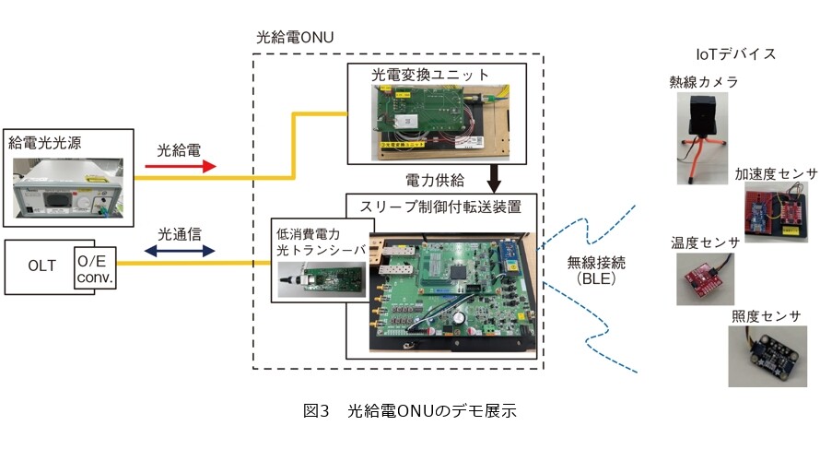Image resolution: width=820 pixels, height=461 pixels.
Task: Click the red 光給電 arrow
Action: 181,166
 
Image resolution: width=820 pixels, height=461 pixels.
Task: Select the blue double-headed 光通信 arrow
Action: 180,251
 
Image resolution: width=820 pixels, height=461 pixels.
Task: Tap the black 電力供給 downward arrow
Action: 494,179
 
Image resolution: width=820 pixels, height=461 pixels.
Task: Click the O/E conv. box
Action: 95,268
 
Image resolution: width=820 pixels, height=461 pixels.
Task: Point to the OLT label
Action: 41,266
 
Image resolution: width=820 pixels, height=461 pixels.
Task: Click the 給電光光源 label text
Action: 45,143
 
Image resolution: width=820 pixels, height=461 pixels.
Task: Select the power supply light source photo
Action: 68,188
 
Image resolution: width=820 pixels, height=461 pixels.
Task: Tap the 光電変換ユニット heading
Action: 430,75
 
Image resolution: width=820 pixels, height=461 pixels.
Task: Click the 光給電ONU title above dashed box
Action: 295,37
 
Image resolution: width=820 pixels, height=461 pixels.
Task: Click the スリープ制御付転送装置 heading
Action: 440,207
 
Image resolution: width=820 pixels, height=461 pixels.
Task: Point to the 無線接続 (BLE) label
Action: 596,270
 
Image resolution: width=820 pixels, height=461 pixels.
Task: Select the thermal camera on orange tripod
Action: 702,138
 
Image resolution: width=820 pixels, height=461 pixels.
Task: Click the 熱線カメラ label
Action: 704,82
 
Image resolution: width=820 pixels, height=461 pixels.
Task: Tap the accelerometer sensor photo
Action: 776,212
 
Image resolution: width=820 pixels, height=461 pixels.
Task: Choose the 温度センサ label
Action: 705,242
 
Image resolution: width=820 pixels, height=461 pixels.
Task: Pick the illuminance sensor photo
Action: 767,356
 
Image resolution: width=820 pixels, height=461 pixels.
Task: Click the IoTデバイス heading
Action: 736,53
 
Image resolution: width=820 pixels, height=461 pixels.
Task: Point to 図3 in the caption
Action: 316,411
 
